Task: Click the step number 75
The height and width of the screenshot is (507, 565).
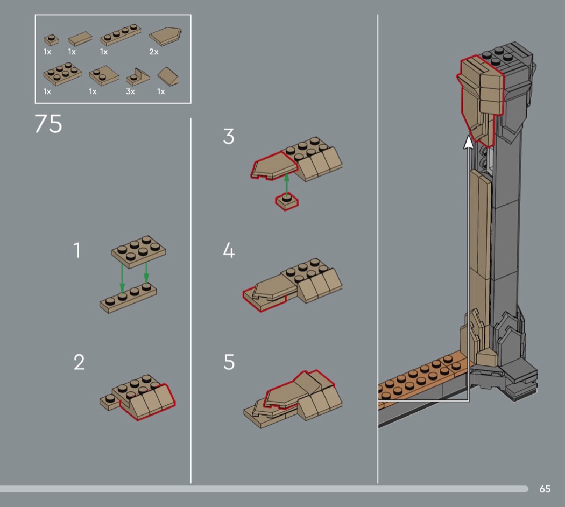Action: [48, 124]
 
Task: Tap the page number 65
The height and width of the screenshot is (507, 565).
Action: [545, 489]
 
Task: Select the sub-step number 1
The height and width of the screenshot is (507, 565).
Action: [77, 250]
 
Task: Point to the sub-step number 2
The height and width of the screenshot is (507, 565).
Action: [79, 362]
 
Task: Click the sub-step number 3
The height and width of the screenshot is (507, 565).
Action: [229, 137]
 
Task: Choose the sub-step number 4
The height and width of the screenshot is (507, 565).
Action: [229, 250]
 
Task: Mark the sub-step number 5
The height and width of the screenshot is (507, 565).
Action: [229, 362]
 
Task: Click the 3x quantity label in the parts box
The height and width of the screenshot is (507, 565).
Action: [130, 91]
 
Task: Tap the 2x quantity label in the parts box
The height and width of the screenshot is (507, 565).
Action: [154, 52]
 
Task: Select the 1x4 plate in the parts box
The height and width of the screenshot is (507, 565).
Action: [121, 34]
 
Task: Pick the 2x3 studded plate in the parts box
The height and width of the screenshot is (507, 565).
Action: [62, 74]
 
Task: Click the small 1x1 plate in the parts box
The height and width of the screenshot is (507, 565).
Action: [51, 40]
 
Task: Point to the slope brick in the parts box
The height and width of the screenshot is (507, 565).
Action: [168, 76]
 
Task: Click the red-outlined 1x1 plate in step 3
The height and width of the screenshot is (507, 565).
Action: [287, 202]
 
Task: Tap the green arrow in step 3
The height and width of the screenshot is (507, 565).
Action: [287, 185]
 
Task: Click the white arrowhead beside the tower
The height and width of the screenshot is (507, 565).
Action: [469, 142]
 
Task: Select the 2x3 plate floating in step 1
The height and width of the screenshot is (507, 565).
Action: [139, 251]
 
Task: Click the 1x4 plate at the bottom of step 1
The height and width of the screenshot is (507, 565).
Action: [128, 298]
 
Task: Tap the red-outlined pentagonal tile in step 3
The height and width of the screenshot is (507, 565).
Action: [274, 165]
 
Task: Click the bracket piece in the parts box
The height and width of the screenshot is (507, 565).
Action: [138, 77]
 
